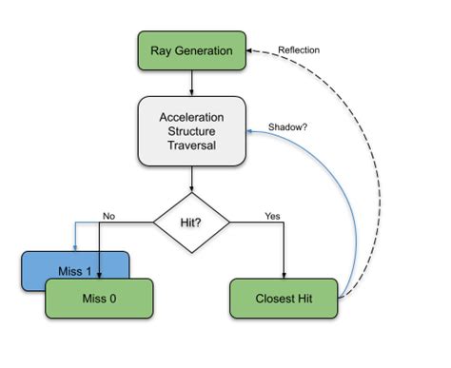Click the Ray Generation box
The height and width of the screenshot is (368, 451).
click(190, 49)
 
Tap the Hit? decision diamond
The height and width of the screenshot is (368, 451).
click(191, 222)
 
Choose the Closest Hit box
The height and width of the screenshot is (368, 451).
click(285, 299)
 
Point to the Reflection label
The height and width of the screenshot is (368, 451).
click(299, 49)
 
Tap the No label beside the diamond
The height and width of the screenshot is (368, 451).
click(109, 215)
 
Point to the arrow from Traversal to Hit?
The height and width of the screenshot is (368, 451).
click(191, 177)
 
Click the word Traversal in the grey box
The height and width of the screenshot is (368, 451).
click(190, 147)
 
